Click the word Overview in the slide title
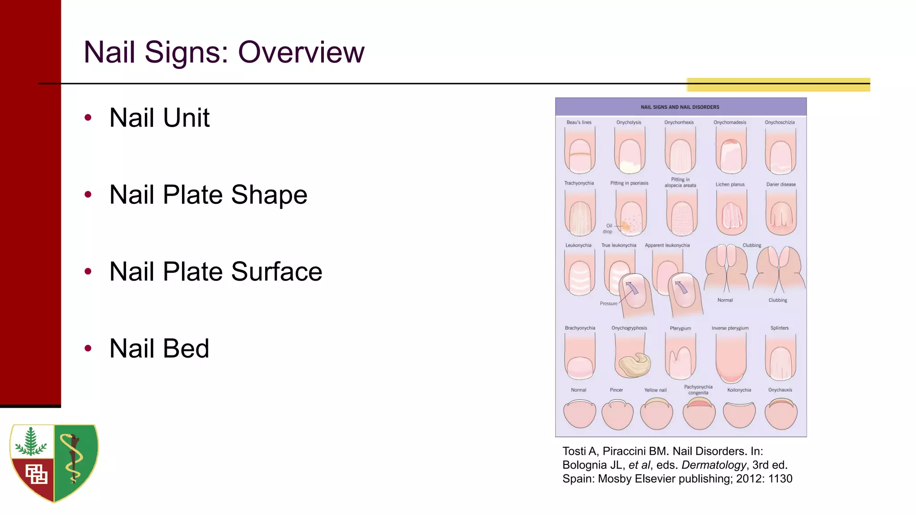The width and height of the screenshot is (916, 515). click(x=301, y=52)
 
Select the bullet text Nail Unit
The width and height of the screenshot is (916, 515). click(x=159, y=118)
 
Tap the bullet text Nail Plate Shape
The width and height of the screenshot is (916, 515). click(x=208, y=194)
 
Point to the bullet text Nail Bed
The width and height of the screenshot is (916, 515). click(x=159, y=348)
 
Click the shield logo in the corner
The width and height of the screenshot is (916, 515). click(x=54, y=463)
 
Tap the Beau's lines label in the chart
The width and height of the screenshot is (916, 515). click(x=579, y=122)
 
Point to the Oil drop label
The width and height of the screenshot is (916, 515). click(x=608, y=228)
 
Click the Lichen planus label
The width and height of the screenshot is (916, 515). click(x=730, y=184)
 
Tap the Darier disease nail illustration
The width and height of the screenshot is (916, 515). click(x=781, y=213)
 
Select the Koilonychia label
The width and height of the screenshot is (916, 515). click(x=739, y=390)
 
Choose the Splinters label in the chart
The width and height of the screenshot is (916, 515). click(x=779, y=328)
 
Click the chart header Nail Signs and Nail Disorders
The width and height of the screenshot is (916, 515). click(x=680, y=107)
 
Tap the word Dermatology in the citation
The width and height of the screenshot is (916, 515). click(x=714, y=465)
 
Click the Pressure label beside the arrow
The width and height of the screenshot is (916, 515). click(x=608, y=304)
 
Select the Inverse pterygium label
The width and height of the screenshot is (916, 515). click(x=730, y=328)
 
